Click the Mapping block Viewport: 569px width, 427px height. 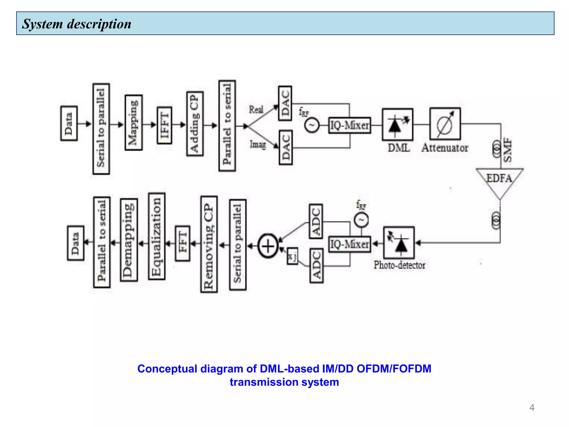click(134, 123)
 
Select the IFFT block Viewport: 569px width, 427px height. click(164, 125)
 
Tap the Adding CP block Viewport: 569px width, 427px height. click(195, 124)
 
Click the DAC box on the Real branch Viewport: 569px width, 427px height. click(285, 103)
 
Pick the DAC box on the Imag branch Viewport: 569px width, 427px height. click(286, 147)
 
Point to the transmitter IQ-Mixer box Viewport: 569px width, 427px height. click(350, 125)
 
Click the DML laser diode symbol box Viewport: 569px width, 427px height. click(398, 125)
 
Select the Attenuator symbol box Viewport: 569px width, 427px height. click(445, 124)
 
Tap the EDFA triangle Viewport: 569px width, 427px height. click(500, 180)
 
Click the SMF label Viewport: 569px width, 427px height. click(508, 150)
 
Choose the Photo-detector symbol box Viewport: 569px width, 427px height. click(399, 243)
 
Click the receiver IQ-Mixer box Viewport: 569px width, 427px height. click(350, 244)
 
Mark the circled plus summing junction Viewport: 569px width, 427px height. click(268, 246)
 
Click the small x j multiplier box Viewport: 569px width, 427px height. click(292, 256)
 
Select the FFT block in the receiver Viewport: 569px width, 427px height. click(183, 243)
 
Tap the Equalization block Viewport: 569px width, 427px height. click(157, 236)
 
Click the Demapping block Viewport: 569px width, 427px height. click(129, 240)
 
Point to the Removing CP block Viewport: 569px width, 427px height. click(209, 244)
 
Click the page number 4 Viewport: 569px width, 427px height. click(532, 408)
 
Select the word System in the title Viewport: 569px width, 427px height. click(43, 24)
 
